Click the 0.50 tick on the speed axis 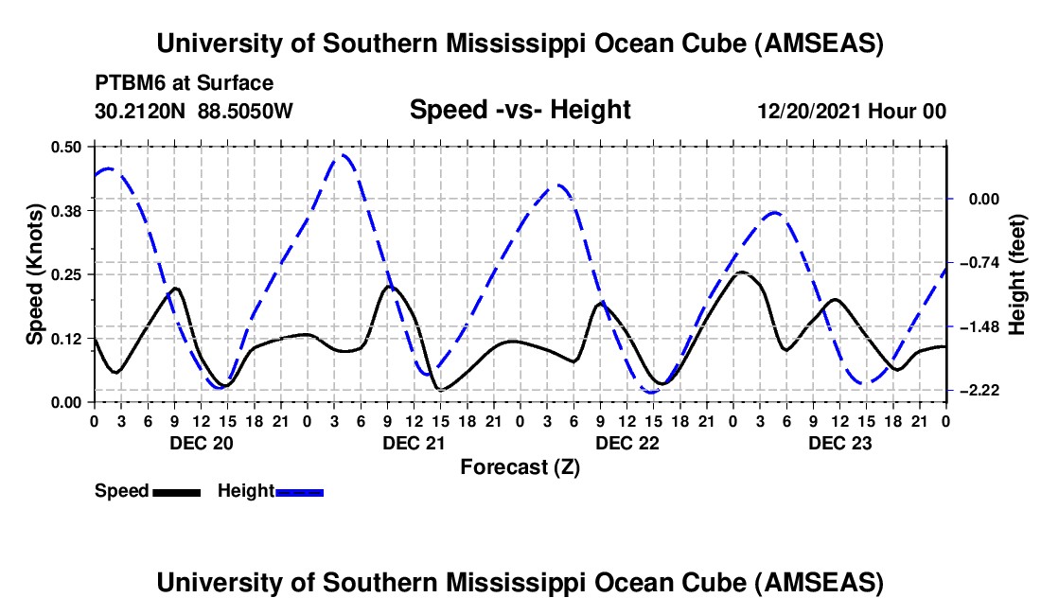coord(68,146)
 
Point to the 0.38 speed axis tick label coord(68,210)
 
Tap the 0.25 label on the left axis coord(68,274)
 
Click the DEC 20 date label coord(200,443)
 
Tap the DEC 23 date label coord(839,443)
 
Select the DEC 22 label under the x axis coord(626,443)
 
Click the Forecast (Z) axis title coord(519,466)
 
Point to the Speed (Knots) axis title coord(34,273)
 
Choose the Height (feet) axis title coord(1018,273)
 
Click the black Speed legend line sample coord(175,492)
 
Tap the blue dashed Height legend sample coord(300,492)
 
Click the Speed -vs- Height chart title coord(520,110)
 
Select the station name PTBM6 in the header coord(127,83)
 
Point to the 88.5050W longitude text coord(246,111)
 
